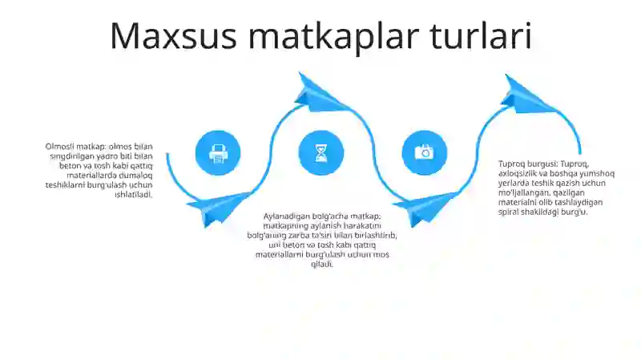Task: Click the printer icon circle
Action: [x=218, y=152]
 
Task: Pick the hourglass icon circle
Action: [x=321, y=152]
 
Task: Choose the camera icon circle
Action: [x=424, y=152]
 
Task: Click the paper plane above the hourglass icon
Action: [x=320, y=92]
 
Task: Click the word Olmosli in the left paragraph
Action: [x=60, y=146]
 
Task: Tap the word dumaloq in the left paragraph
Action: [x=135, y=175]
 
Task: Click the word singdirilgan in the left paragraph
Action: [x=68, y=156]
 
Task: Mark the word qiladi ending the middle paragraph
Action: [x=321, y=264]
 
